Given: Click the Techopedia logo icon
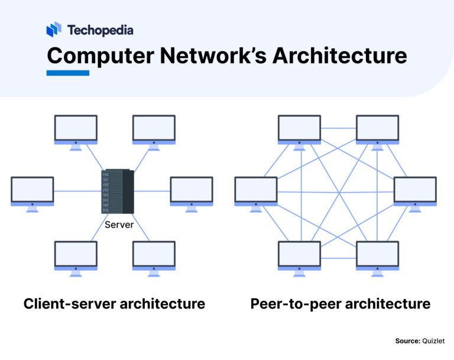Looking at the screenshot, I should coord(54,30).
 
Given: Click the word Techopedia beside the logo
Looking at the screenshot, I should coord(100,30).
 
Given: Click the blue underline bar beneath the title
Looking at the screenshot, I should coord(67,73).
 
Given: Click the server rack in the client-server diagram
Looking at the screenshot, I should coord(117,192).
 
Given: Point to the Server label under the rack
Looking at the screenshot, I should coord(118,225).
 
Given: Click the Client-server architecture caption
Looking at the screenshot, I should coord(114,304).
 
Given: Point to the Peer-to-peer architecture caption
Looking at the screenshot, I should coord(340,304).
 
